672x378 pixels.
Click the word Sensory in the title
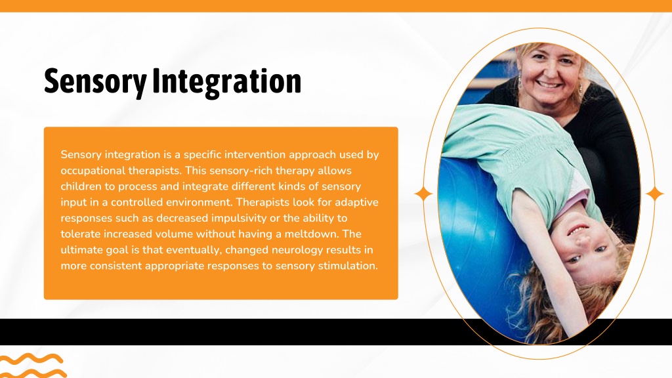[x=95, y=81]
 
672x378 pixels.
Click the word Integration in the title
[x=226, y=81]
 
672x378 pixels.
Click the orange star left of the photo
[x=423, y=194]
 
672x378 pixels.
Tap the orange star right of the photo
[x=654, y=194]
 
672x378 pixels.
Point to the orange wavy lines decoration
[x=33, y=366]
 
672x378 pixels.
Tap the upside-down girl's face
[x=585, y=244]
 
